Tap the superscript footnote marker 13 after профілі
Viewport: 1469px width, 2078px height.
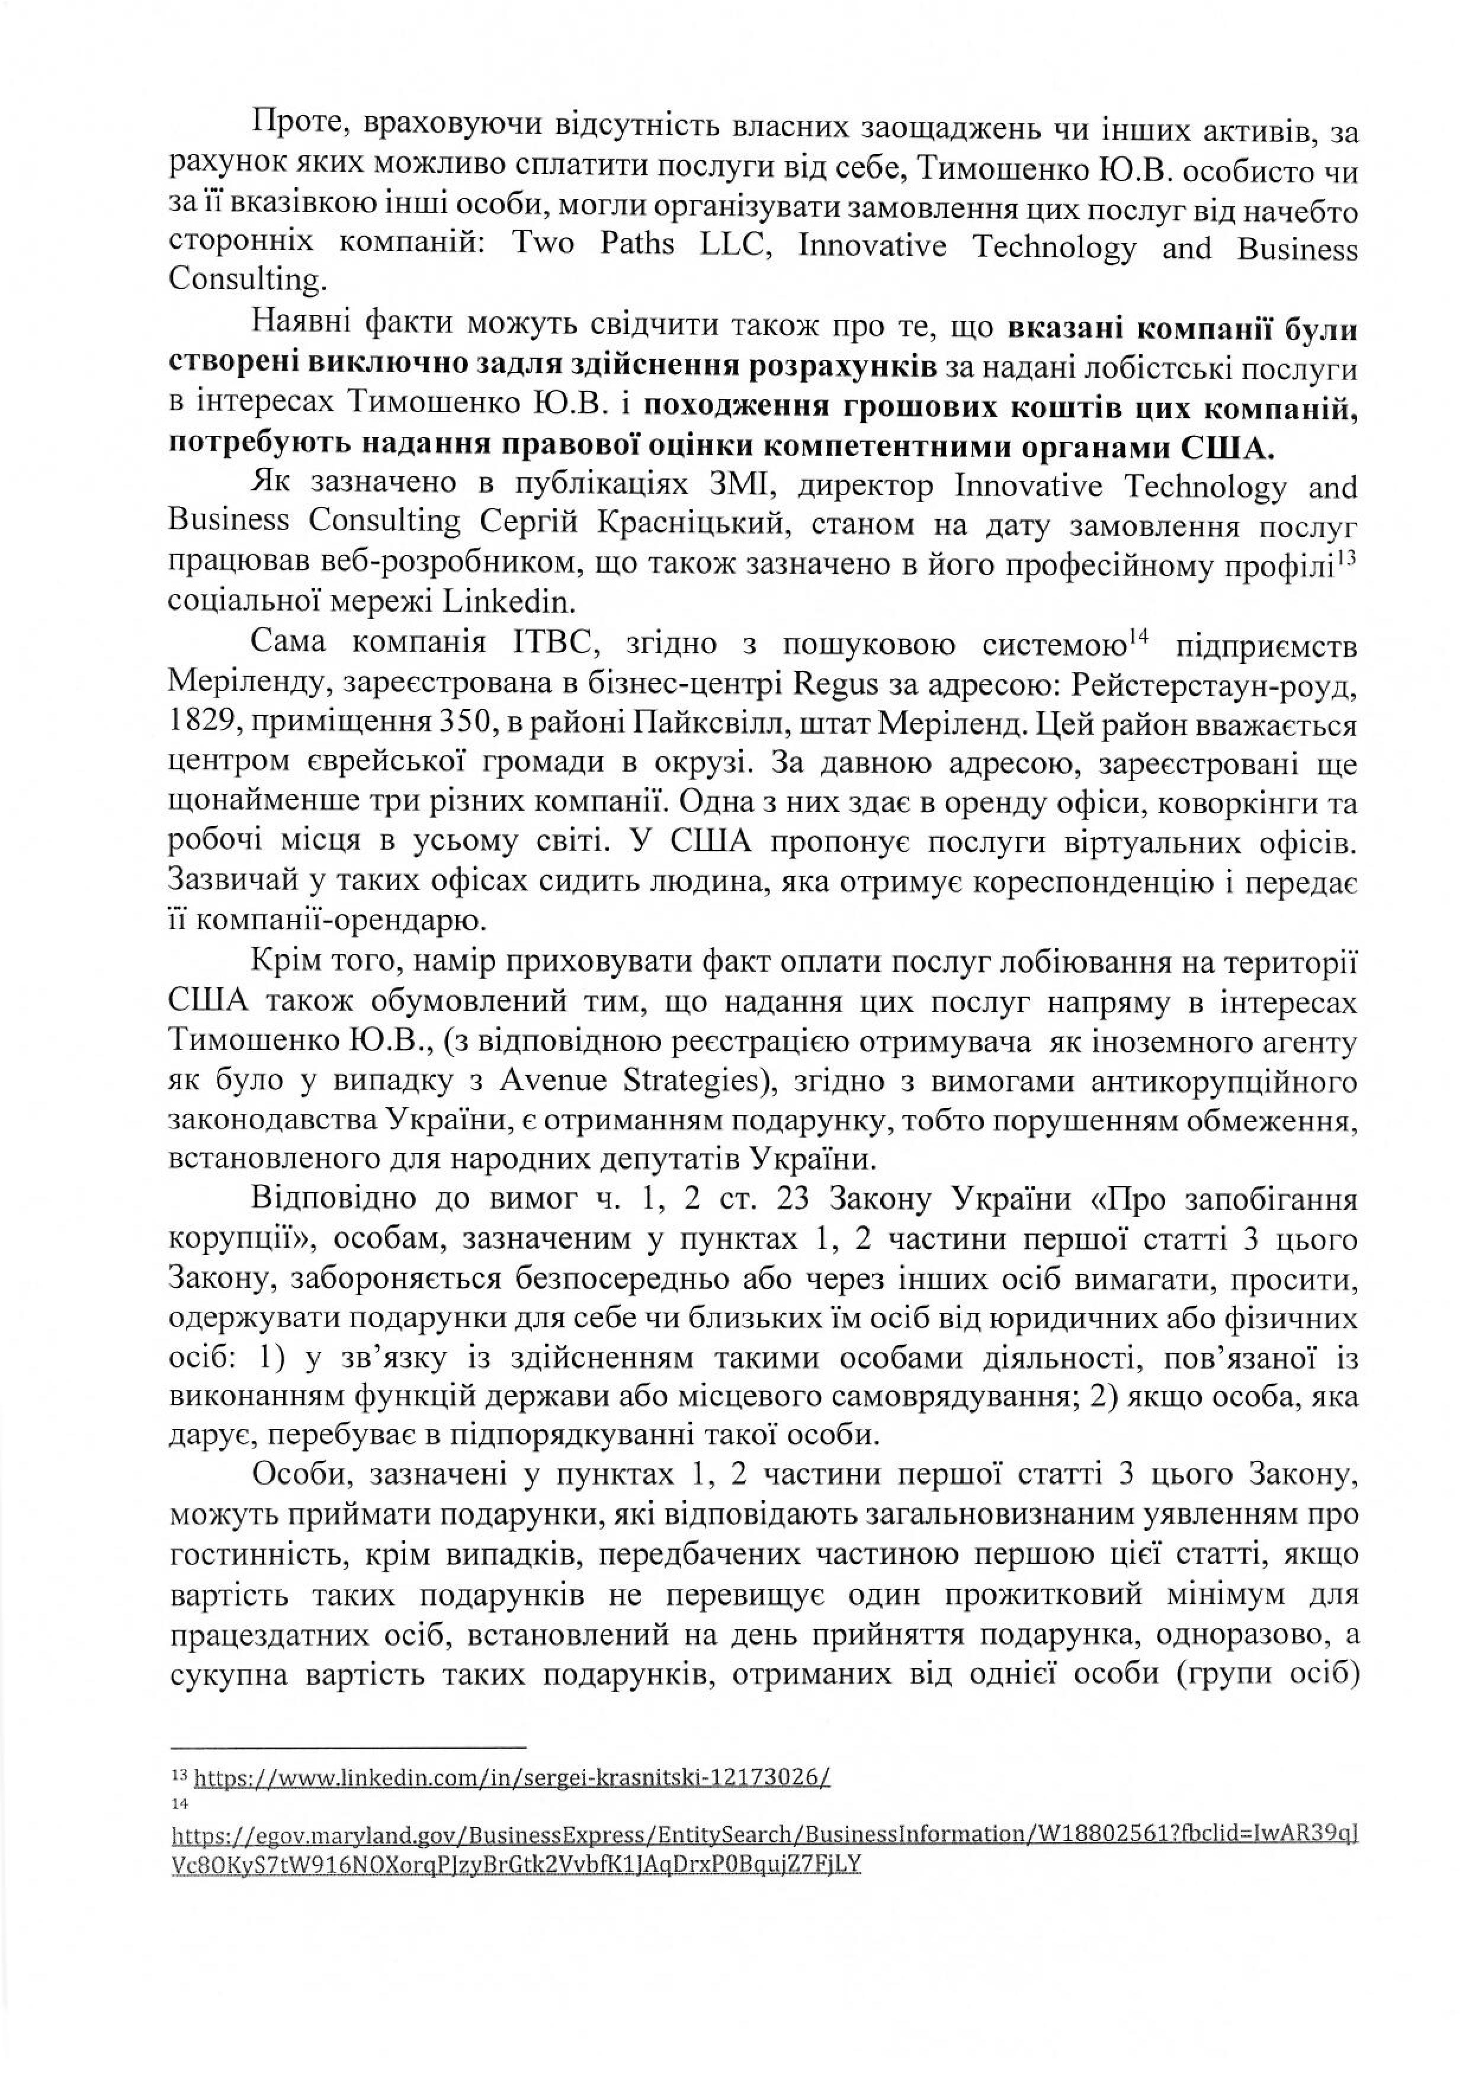[x=1348, y=558]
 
